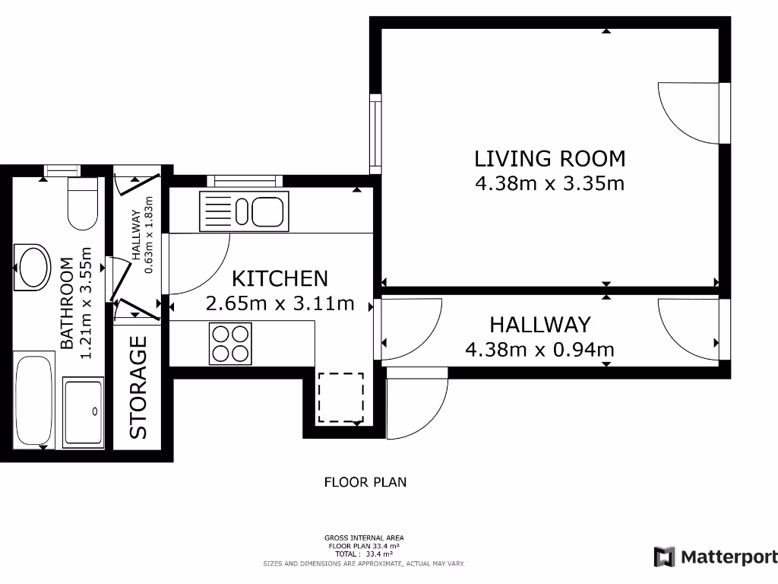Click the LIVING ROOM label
[549, 158]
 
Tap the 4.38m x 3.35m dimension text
[549, 182]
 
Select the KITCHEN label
[280, 278]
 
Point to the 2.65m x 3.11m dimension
[280, 303]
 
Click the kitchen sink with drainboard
[243, 211]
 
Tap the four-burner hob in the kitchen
[230, 344]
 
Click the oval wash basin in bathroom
[33, 267]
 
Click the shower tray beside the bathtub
[84, 411]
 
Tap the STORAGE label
[138, 388]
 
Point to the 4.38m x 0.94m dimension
[539, 350]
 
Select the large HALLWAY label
[539, 325]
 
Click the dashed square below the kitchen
[340, 397]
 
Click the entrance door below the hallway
[416, 403]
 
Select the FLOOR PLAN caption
[365, 482]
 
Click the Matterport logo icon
[664, 557]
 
